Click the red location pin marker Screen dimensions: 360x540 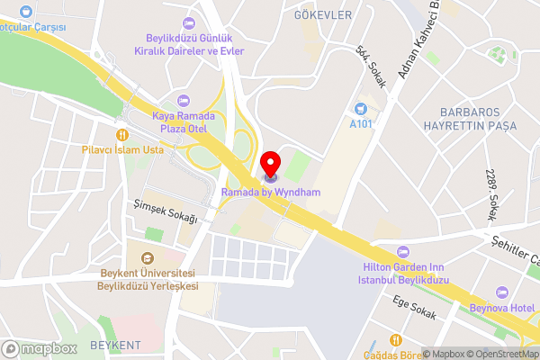[x=270, y=165]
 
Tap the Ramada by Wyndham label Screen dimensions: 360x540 [x=271, y=192]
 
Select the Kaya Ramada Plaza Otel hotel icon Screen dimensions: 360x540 [x=185, y=101]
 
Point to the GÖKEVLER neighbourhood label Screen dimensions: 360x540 [x=322, y=15]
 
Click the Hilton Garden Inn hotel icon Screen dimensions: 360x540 [x=402, y=250]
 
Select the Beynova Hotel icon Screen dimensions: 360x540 [x=502, y=292]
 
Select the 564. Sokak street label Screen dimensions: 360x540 [x=371, y=67]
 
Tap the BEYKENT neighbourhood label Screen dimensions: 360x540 [x=116, y=346]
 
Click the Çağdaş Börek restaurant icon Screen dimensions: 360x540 [x=395, y=338]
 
